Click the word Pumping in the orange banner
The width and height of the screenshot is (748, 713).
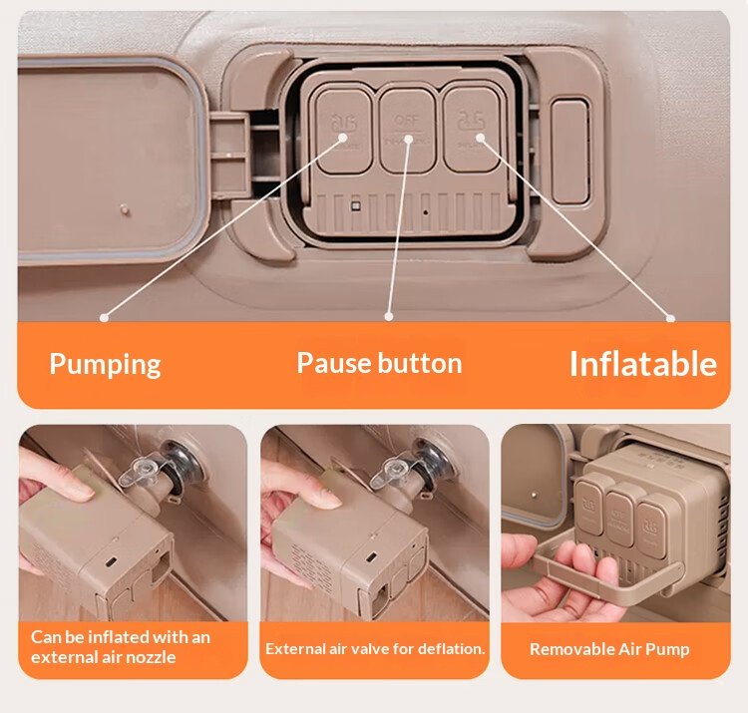click(x=105, y=363)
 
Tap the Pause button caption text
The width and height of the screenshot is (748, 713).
click(x=379, y=363)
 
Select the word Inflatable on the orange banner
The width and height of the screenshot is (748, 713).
click(x=642, y=364)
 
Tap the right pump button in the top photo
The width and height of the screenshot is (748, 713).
click(x=472, y=129)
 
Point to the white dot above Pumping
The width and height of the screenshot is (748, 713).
click(x=104, y=318)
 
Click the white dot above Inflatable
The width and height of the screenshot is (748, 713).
click(x=671, y=318)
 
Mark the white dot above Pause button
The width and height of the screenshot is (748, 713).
click(x=387, y=318)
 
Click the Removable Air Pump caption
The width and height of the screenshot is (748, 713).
click(x=609, y=649)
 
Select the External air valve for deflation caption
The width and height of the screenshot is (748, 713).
click(x=375, y=649)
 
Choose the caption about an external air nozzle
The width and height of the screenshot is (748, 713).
click(x=121, y=647)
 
